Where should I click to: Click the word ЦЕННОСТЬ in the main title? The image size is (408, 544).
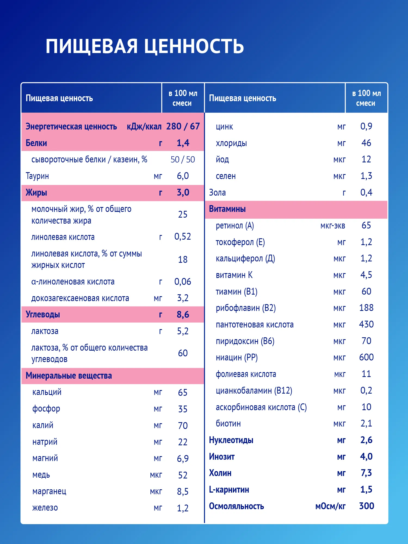194,46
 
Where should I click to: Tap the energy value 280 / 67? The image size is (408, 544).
183,126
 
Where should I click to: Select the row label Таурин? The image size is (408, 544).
37,176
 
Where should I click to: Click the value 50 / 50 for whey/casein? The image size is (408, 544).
183,160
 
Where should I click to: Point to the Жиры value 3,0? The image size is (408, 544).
183,193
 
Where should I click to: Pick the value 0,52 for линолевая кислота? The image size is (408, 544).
183,237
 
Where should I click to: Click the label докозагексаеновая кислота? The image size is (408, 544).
80,298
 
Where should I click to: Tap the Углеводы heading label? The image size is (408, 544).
43,315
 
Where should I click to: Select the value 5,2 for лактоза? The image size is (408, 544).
183,331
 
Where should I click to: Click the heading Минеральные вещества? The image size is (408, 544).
69,376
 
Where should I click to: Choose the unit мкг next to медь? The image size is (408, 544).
156,475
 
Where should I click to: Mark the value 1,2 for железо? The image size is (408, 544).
183,508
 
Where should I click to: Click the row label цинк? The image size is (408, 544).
224,127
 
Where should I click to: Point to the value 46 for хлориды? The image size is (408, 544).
366,143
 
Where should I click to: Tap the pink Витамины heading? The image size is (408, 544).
227,209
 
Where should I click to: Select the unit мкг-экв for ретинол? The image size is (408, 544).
333,226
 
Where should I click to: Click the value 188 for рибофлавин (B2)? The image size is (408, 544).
366,308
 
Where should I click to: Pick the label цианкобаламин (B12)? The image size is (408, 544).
254,391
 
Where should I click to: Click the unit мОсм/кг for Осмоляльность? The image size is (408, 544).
330,506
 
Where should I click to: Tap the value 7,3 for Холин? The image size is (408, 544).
366,473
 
